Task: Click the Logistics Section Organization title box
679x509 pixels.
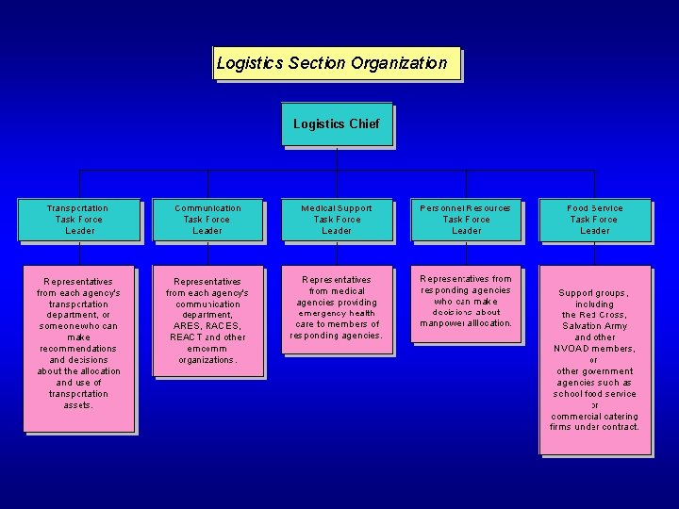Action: [337, 63]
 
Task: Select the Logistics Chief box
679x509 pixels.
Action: [336, 123]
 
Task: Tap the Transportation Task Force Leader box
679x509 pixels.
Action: [79, 219]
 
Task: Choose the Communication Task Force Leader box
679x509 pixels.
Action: [207, 219]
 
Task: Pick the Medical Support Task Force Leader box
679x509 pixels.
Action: [337, 219]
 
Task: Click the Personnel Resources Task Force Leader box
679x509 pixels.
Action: [466, 219]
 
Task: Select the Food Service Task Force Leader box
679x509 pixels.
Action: [595, 219]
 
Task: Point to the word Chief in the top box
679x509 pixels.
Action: [363, 123]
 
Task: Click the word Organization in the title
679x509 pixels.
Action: [399, 63]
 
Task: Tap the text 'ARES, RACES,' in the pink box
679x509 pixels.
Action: [207, 326]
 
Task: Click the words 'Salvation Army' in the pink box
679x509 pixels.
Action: [595, 326]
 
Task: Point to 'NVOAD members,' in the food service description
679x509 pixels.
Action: [595, 349]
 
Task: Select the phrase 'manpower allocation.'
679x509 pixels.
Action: [466, 323]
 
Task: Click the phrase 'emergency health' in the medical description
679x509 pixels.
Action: [337, 313]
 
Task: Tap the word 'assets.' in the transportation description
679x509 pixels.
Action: [79, 405]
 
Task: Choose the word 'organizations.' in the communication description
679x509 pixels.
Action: [207, 360]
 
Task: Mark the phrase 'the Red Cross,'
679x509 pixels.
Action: [595, 315]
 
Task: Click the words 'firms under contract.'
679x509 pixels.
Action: [595, 427]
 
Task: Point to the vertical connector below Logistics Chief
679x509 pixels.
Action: [337, 158]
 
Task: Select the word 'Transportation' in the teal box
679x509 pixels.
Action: [79, 207]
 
